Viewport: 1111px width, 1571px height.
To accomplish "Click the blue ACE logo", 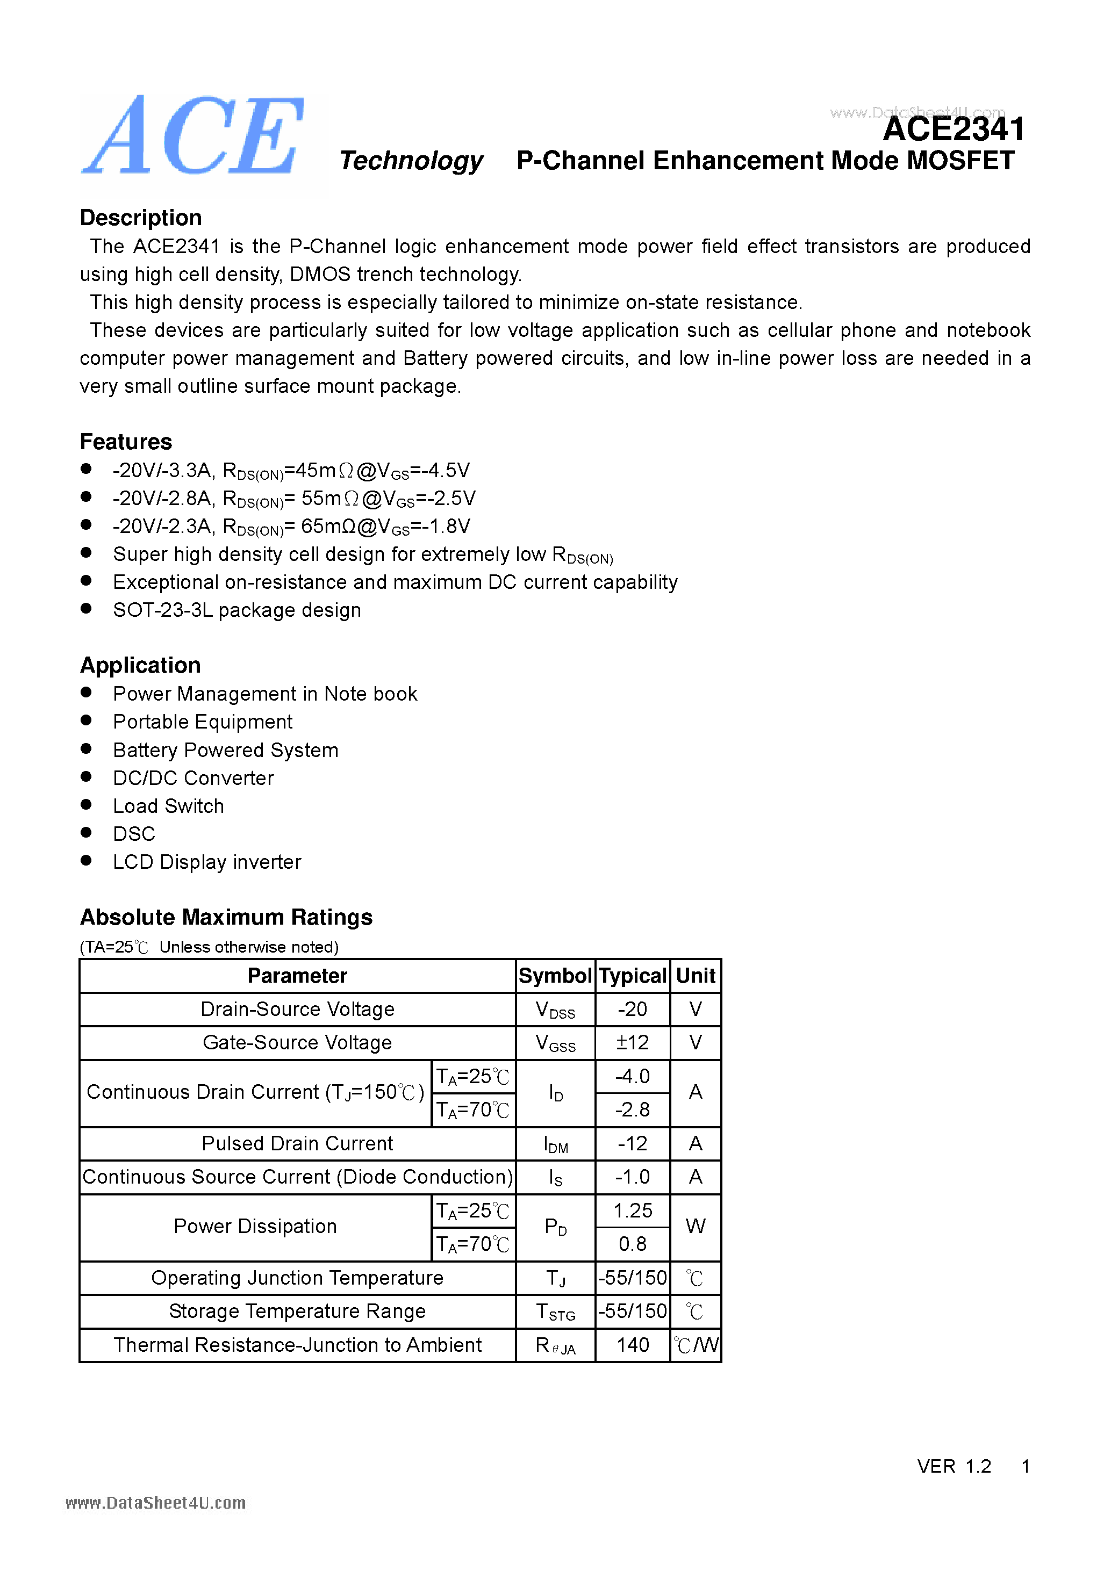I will coord(193,137).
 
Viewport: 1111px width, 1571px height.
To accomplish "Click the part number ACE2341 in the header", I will coord(953,129).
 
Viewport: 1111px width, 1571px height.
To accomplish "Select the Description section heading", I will coord(140,218).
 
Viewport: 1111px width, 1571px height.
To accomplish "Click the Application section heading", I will coord(140,665).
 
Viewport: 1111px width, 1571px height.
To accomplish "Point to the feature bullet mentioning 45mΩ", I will coord(291,471).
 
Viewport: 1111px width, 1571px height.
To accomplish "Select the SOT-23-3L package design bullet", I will coord(237,610).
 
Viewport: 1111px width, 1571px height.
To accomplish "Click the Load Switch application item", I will coord(168,806).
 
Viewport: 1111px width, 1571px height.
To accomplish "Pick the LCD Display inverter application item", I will coord(207,862).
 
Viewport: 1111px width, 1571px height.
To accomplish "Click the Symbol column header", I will coord(555,976).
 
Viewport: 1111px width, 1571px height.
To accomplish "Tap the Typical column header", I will coord(633,976).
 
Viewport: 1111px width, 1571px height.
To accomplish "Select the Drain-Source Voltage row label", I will coord(297,1009).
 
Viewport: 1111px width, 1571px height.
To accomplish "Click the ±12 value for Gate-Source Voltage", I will coord(632,1043).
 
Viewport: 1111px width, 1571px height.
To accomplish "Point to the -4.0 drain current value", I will coord(632,1076).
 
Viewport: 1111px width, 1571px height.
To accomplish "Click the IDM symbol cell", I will coord(555,1144).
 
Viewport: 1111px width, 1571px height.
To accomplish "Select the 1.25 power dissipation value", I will coord(632,1211).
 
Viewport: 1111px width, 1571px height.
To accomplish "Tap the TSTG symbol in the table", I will coord(555,1311).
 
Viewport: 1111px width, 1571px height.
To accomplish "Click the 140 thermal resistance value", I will coord(632,1345).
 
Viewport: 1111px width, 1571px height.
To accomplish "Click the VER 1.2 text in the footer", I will coord(954,1466).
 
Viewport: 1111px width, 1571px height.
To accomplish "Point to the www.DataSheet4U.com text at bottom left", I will coord(155,1503).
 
